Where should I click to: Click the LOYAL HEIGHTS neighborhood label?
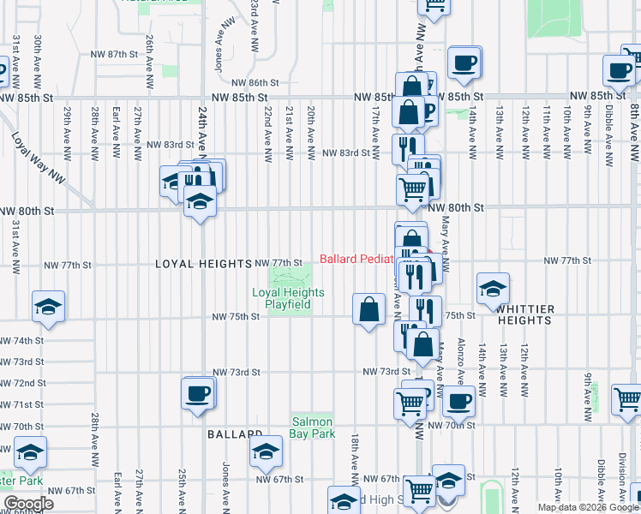click(x=203, y=264)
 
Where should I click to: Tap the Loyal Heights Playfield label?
click(x=288, y=298)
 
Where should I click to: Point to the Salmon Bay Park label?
click(x=313, y=427)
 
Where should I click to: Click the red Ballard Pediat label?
click(x=356, y=259)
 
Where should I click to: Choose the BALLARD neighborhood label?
click(x=234, y=434)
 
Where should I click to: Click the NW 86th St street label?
click(x=255, y=82)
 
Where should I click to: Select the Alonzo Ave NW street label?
click(x=461, y=356)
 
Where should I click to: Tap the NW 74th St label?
click(x=21, y=340)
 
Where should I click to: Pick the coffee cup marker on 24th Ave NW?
click(x=198, y=393)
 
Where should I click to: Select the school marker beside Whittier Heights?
click(x=493, y=288)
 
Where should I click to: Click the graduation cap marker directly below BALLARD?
click(x=266, y=451)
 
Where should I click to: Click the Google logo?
click(x=29, y=503)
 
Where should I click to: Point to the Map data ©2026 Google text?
click(x=588, y=507)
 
